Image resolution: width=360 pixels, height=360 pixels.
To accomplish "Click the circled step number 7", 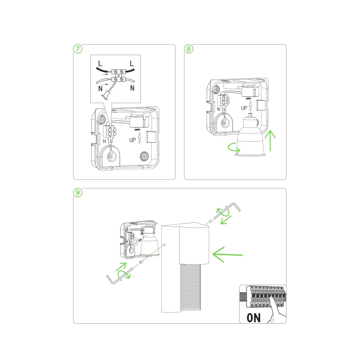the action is coord(78,49).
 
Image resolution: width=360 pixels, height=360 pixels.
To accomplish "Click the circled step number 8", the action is coord(189,49).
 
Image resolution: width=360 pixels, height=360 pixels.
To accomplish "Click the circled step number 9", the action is coord(78,193).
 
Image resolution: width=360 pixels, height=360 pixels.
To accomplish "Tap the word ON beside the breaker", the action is coord(254,318).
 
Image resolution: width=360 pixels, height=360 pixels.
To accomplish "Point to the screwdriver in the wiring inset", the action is coord(108,92).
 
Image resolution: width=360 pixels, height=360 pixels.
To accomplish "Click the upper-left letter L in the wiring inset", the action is coord(100,63).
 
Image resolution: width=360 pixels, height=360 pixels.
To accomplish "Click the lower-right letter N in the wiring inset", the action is coord(132,88).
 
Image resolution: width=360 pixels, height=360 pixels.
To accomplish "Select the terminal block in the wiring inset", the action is coord(118,76).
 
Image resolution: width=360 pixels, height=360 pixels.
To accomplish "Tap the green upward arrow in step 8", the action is coord(270,140).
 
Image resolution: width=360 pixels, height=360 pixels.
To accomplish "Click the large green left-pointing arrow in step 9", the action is coord(228,254).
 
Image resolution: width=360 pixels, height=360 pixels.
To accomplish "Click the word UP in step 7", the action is coord(132,140).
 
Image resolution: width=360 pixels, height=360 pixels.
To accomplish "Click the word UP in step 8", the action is coord(244,108).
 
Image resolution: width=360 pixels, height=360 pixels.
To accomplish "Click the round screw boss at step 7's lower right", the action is coord(144,157).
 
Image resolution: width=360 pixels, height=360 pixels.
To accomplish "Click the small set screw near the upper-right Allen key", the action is coord(211,221).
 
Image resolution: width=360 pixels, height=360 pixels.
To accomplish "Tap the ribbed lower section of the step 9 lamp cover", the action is coord(191,288).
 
